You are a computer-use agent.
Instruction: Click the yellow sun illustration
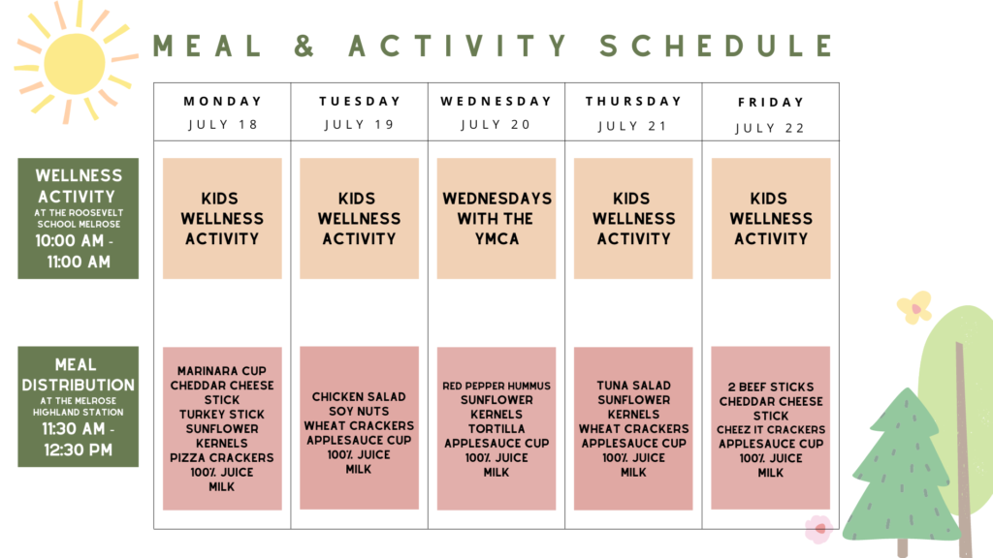(x=75, y=63)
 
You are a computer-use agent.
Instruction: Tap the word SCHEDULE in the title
(x=717, y=46)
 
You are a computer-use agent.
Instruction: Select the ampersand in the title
(x=304, y=46)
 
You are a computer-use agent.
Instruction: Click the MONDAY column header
(x=222, y=101)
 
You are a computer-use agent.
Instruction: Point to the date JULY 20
(x=496, y=125)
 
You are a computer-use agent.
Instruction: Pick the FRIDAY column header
(x=771, y=103)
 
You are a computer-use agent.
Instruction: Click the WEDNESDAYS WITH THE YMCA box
(x=496, y=218)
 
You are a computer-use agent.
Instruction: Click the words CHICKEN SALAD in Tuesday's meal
(x=359, y=396)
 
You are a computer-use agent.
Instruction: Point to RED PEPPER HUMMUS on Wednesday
(x=496, y=386)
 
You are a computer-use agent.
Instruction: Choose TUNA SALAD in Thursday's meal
(x=633, y=386)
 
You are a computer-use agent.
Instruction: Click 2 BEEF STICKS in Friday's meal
(x=771, y=387)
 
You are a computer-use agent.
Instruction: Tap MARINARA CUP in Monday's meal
(x=222, y=371)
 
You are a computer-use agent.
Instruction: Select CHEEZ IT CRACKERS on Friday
(x=771, y=429)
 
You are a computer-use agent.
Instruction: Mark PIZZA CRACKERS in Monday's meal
(x=222, y=457)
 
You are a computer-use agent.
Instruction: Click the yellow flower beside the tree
(x=914, y=307)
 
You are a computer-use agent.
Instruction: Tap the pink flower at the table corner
(x=818, y=529)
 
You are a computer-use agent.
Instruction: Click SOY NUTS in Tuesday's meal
(x=359, y=411)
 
